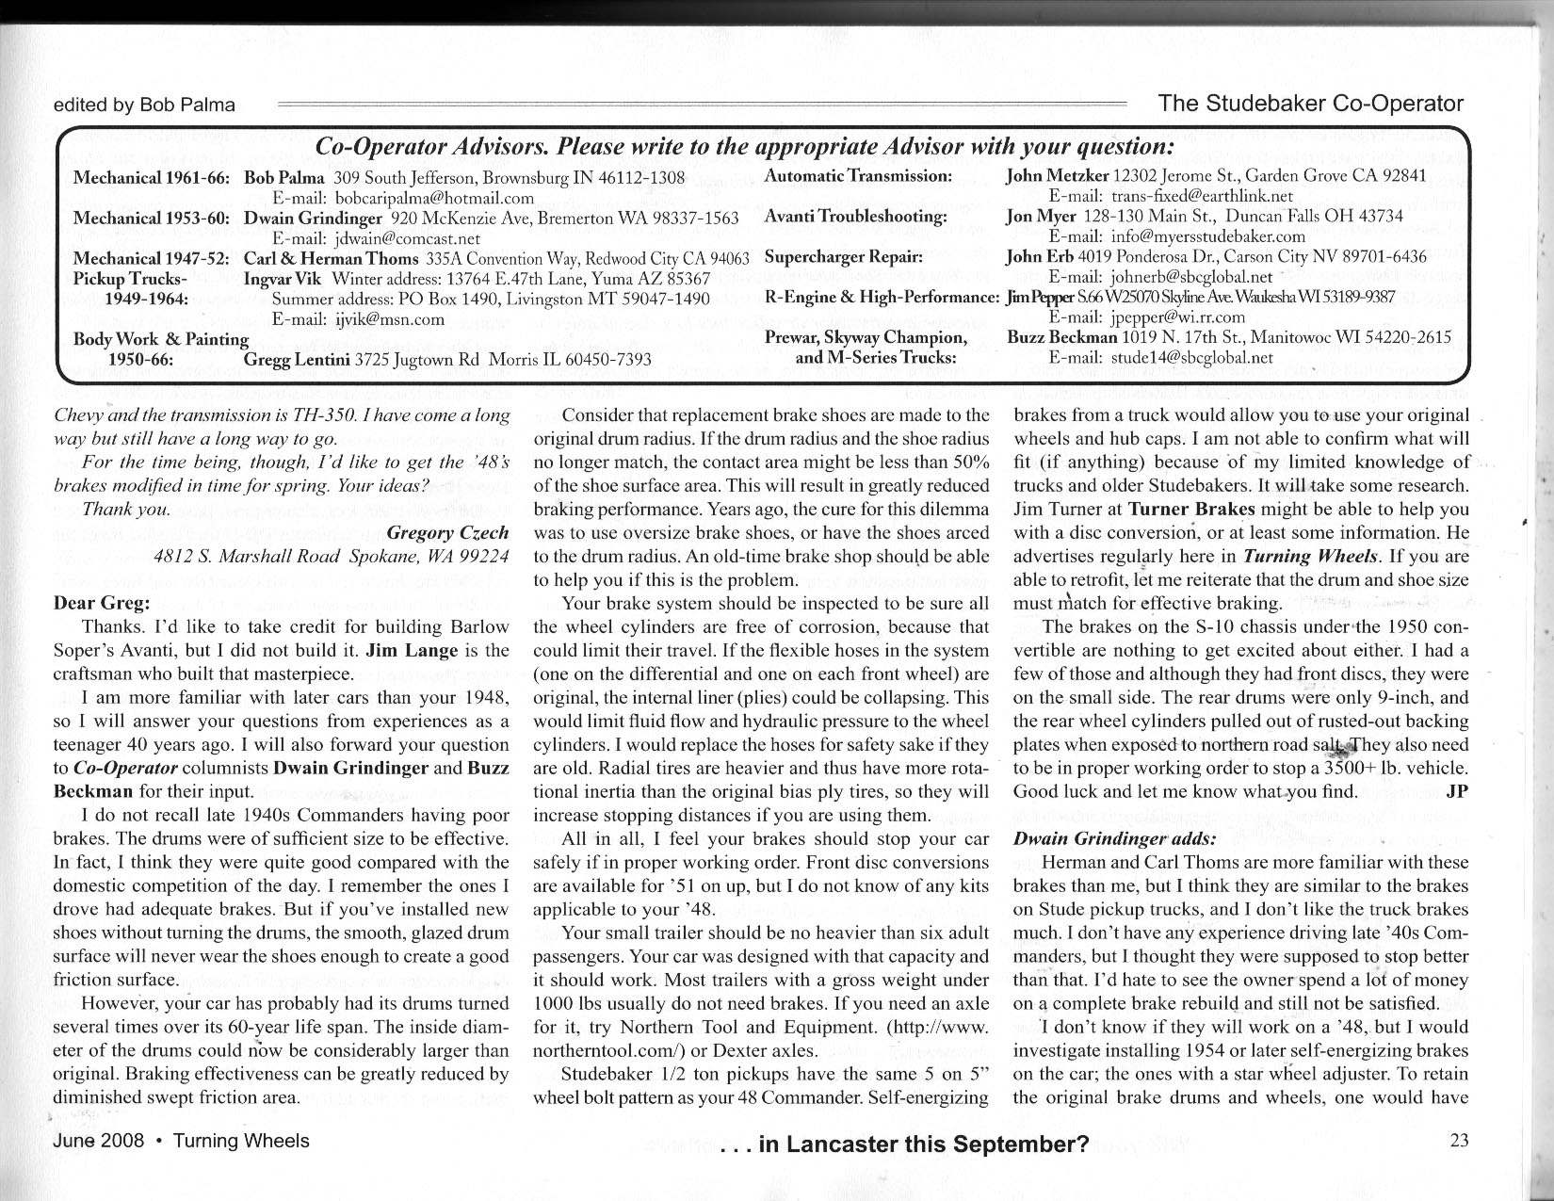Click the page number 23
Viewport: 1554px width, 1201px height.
click(x=1459, y=1141)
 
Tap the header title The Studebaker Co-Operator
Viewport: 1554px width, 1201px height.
click(x=1311, y=104)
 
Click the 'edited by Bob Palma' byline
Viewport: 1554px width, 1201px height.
click(x=144, y=105)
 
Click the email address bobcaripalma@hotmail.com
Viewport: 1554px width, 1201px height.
click(x=434, y=198)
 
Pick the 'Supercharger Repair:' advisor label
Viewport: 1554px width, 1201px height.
click(x=844, y=256)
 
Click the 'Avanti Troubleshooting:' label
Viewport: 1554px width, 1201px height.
click(x=855, y=216)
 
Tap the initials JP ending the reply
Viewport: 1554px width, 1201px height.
click(x=1456, y=791)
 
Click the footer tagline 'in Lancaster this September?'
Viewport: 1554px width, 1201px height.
click(x=904, y=1144)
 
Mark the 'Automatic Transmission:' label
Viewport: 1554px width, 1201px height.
click(x=858, y=176)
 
